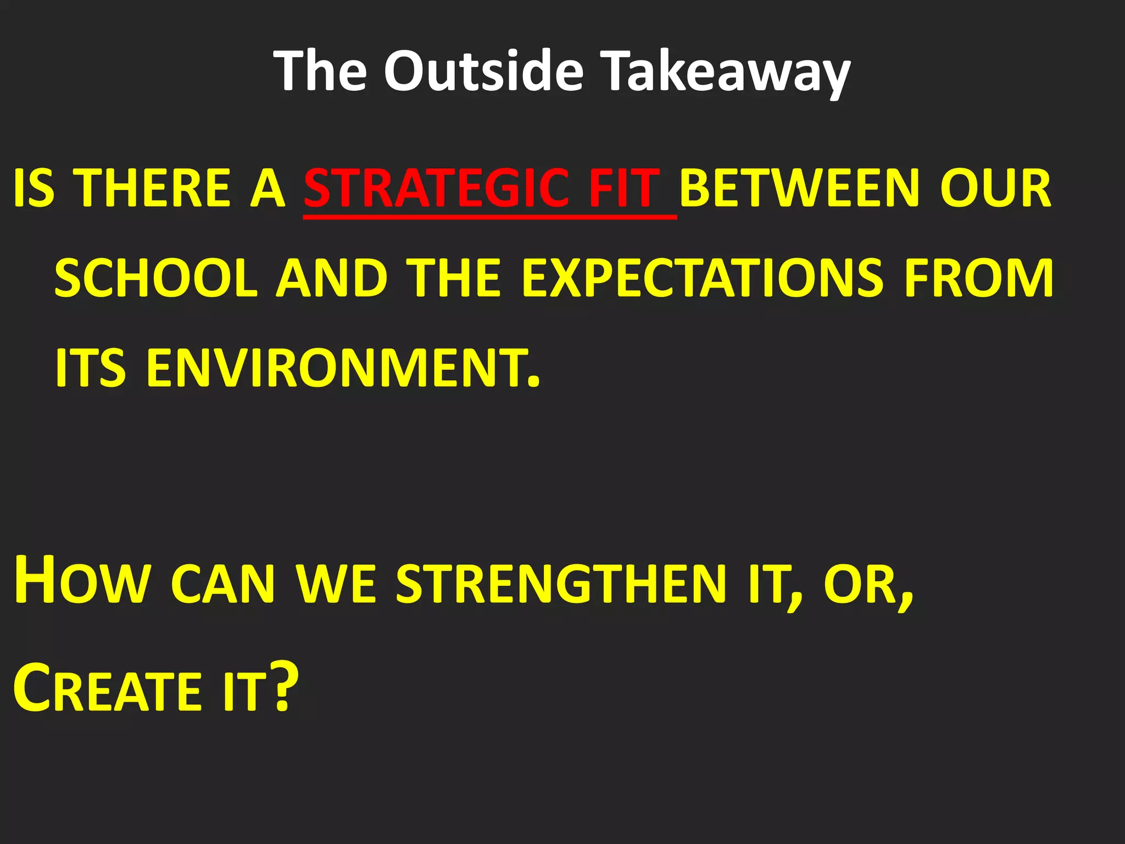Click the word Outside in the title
coord(483,71)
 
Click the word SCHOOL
coord(156,279)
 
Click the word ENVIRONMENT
coord(343,368)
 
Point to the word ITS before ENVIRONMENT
coord(91,368)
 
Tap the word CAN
coord(222,585)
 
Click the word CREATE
coord(107,690)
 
